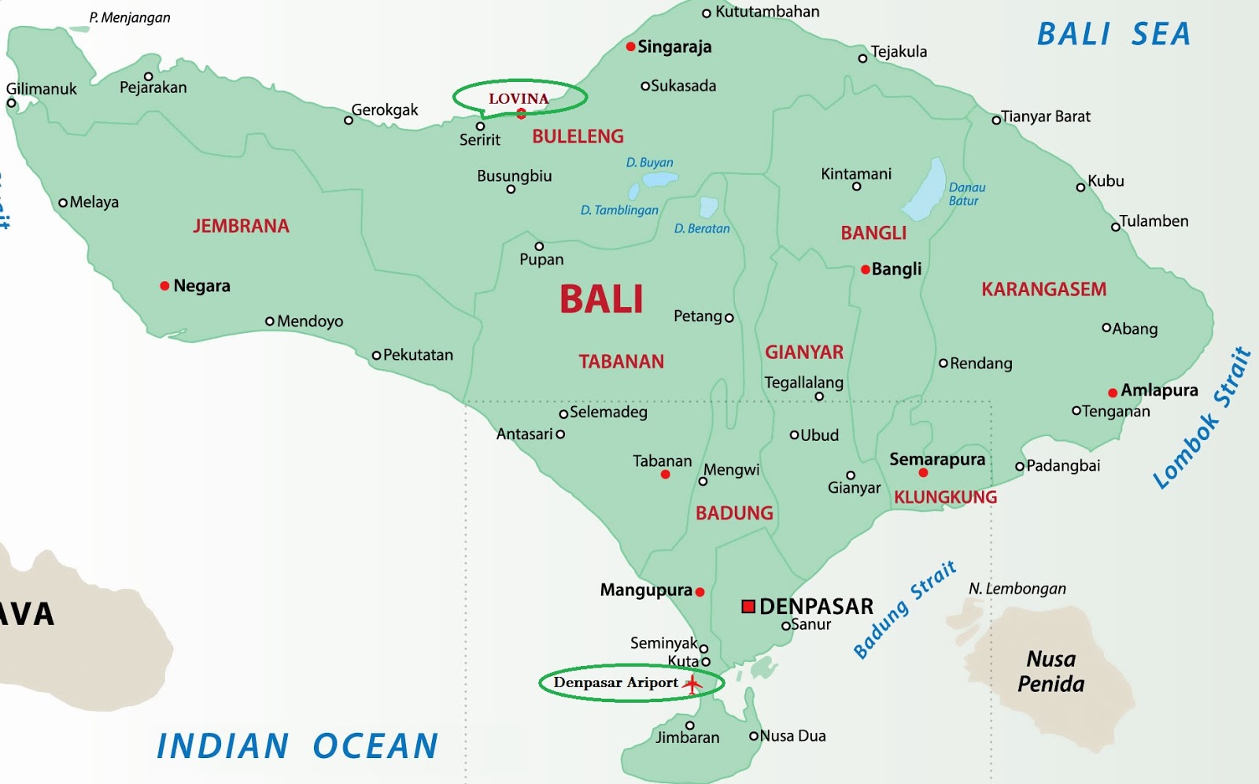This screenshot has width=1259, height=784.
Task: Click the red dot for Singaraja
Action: click(x=630, y=47)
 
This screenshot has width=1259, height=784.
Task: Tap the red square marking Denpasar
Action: click(x=748, y=606)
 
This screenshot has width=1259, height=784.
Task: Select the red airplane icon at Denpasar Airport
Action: click(x=692, y=684)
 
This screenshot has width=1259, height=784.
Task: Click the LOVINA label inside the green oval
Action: click(x=519, y=99)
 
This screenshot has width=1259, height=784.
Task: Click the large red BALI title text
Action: click(x=601, y=300)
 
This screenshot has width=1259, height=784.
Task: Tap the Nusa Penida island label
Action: click(x=1050, y=671)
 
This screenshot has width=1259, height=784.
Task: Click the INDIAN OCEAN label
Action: click(x=297, y=746)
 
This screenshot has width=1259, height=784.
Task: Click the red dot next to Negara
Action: click(x=164, y=286)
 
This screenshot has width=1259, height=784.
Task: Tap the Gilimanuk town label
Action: click(x=42, y=89)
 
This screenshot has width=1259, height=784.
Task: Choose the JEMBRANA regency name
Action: click(x=242, y=227)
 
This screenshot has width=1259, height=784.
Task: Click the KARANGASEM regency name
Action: click(x=1043, y=290)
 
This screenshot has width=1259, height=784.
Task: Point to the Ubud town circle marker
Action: click(x=794, y=435)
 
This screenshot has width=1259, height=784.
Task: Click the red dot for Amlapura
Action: click(x=1113, y=393)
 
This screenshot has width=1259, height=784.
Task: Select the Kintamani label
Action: click(x=856, y=174)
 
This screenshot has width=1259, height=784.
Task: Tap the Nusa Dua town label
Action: click(x=792, y=736)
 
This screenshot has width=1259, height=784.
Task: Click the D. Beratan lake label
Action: click(x=702, y=229)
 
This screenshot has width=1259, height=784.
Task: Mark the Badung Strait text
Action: click(x=905, y=610)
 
